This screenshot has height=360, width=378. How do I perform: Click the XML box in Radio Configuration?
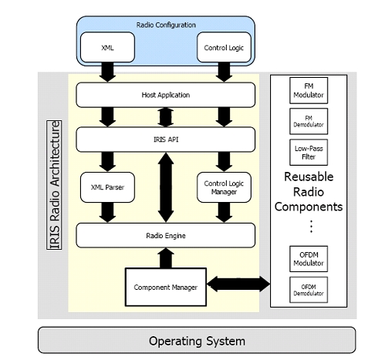[107, 47]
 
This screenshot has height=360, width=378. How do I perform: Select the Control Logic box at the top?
[224, 47]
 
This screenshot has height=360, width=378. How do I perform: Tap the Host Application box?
[166, 95]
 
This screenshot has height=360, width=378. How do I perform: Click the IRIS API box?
[166, 140]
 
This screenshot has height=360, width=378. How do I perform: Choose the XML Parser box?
[107, 187]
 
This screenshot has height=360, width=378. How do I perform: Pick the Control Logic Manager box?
[224, 187]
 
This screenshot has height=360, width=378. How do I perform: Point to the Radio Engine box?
[166, 235]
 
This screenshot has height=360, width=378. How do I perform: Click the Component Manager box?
[166, 287]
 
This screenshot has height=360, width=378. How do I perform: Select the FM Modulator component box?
[309, 90]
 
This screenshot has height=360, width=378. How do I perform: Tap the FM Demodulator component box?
[309, 121]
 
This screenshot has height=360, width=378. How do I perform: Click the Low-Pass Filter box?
[309, 153]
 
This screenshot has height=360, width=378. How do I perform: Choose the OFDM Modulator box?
[309, 259]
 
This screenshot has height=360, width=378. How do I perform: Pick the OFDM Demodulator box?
[309, 290]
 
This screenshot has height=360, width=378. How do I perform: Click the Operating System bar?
[197, 340]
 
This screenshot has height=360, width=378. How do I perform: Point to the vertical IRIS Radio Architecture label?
[54, 185]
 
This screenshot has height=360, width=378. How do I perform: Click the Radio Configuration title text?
[166, 25]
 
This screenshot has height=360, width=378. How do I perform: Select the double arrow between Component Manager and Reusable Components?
[238, 284]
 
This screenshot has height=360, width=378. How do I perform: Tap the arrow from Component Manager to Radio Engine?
[166, 258]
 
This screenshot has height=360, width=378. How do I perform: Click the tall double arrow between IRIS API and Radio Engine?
[166, 187]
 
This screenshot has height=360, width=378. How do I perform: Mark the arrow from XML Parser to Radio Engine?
[107, 213]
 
